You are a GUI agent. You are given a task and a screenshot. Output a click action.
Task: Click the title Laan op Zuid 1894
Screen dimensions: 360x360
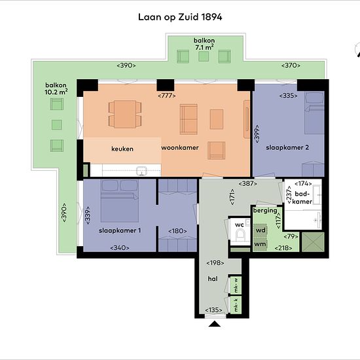coord(180,17)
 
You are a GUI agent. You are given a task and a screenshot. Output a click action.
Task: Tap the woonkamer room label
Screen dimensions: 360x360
coord(180,148)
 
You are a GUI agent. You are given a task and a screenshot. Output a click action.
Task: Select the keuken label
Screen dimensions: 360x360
coord(122,149)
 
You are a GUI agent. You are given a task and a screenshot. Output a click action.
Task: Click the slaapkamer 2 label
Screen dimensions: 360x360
coord(287,148)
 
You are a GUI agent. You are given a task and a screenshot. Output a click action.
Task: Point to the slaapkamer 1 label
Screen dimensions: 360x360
coord(120,230)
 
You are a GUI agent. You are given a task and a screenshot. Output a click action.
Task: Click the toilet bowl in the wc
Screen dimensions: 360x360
coord(241,234)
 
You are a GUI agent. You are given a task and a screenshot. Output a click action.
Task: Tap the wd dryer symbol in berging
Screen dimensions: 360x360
coord(261,230)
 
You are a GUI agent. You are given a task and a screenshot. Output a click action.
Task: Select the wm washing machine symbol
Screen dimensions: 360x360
coord(260,244)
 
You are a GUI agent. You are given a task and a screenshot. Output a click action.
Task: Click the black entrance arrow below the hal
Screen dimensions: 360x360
coord(215,324)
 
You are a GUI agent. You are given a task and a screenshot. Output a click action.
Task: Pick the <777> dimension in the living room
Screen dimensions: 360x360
coord(167,96)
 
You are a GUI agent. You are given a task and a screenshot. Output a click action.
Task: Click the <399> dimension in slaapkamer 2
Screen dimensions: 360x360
coord(257,134)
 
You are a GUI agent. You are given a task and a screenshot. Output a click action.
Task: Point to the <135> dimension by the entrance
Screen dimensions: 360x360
coord(213,310)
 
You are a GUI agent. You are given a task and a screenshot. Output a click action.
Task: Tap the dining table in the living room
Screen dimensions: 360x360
coord(125,114)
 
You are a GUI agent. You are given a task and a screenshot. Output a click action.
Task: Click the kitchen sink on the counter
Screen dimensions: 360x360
coord(141,171)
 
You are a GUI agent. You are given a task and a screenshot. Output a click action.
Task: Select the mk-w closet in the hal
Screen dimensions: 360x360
coord(236,285)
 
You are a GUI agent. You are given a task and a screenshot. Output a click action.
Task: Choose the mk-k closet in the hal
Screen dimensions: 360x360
coord(236,305)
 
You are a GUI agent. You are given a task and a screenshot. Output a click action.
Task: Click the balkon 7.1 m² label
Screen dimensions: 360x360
coord(204,44)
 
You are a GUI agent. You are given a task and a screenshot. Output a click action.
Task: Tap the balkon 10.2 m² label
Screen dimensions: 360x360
coord(56,88)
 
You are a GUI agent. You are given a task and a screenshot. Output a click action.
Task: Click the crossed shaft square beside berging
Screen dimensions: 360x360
coord(313,242)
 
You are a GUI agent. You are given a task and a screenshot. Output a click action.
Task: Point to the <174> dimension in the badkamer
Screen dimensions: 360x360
coord(303,184)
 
